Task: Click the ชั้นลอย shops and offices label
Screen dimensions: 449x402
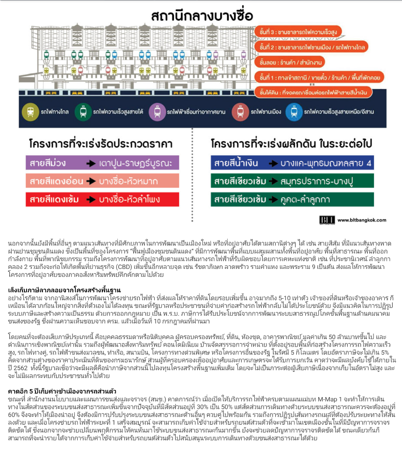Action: [x=290, y=61]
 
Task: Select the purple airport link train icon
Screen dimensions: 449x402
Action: [x=156, y=112]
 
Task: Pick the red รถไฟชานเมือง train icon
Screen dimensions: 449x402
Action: [x=240, y=112]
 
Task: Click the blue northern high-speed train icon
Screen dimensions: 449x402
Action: [x=293, y=112]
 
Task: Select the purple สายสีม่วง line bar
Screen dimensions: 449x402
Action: [x=102, y=163]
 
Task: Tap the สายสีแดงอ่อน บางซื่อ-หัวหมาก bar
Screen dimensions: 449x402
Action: [x=102, y=181]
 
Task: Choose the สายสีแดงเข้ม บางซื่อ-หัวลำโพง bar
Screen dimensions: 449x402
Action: [x=102, y=199]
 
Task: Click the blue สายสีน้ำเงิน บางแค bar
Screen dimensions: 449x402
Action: [x=292, y=163]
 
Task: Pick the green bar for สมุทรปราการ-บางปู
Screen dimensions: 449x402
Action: [x=292, y=181]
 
